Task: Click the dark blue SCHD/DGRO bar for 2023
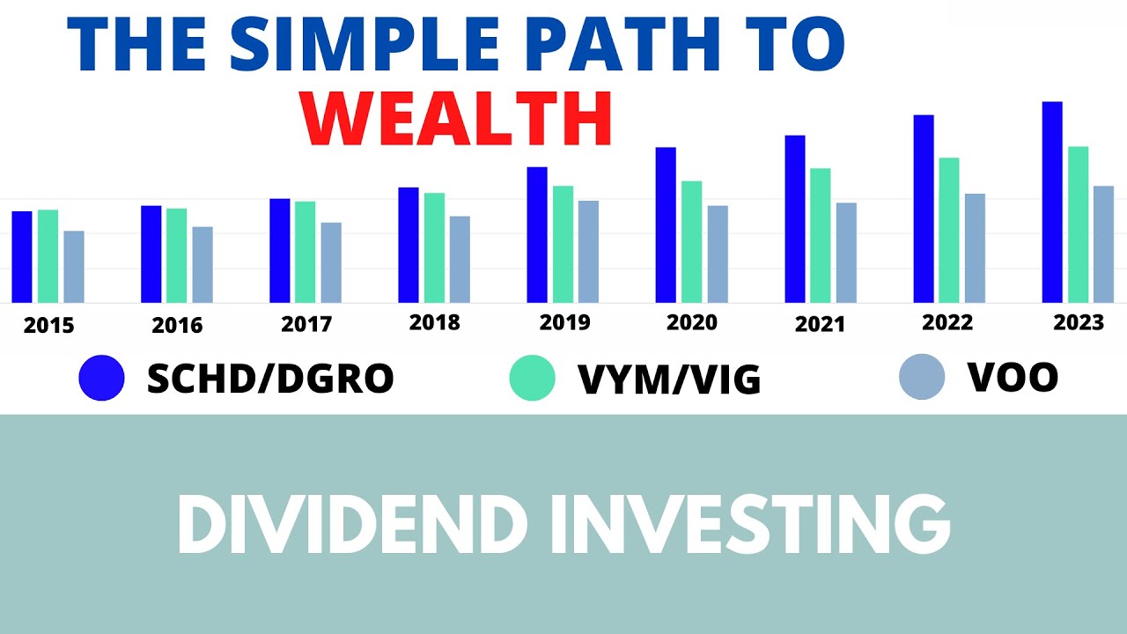[1052, 203]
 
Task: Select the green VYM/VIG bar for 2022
[949, 231]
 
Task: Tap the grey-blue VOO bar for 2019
[588, 252]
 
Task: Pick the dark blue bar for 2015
[22, 257]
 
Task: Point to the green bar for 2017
[305, 252]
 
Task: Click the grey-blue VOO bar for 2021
[846, 253]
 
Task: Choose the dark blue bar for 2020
[666, 225]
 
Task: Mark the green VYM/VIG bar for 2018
[434, 247]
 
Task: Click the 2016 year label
[177, 325]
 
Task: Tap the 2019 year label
[564, 323]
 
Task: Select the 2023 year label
[1079, 323]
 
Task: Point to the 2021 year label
[820, 325]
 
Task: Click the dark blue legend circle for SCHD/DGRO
[101, 378]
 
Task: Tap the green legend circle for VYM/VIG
[532, 378]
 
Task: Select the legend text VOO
[1013, 378]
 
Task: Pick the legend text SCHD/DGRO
[270, 379]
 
